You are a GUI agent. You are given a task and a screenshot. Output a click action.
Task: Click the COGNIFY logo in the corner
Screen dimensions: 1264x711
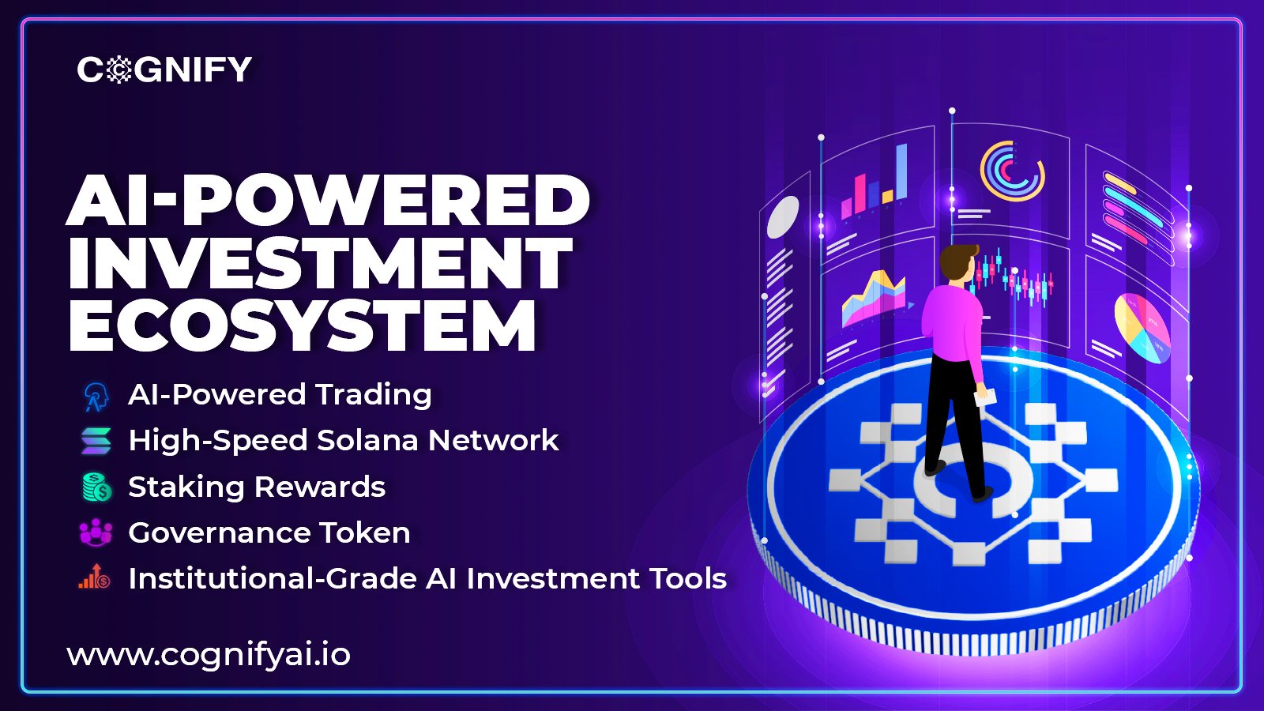tap(164, 69)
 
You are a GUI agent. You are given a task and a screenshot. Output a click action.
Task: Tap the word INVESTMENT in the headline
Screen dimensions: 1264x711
tap(320, 264)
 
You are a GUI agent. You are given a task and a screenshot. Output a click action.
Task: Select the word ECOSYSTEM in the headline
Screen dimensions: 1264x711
tap(302, 326)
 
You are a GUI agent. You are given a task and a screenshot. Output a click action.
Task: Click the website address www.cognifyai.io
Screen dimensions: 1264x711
tap(209, 655)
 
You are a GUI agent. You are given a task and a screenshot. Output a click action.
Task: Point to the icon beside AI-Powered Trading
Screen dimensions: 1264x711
tap(96, 396)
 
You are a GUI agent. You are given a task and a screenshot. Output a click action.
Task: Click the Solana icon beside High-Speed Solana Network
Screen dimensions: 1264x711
tap(96, 441)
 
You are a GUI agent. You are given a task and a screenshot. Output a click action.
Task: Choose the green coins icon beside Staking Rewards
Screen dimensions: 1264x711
tap(97, 487)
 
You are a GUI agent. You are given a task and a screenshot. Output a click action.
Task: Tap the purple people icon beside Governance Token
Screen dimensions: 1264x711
tap(96, 532)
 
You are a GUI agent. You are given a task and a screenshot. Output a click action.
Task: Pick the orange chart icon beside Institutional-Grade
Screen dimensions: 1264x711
tap(95, 577)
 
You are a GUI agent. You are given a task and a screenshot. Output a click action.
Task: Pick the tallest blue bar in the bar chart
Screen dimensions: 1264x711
tap(901, 171)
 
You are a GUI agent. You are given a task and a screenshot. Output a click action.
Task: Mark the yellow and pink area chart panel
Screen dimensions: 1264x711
tap(874, 299)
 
